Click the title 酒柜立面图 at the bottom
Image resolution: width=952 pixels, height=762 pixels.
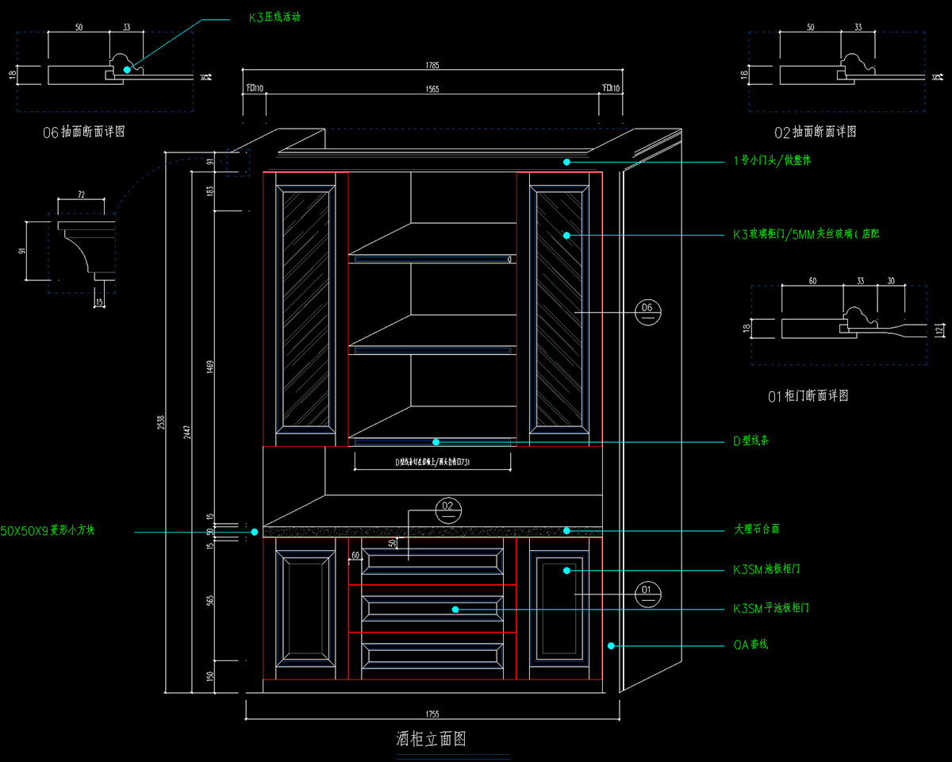431,739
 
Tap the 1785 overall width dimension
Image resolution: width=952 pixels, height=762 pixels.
432,66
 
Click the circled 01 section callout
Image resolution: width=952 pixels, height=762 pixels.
647,593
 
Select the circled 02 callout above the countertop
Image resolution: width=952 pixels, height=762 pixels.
448,510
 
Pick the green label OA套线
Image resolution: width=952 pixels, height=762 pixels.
750,645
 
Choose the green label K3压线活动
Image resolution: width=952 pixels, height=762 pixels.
274,17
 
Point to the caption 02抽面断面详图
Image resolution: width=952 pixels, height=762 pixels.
815,132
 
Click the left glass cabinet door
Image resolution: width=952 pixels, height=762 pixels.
302,310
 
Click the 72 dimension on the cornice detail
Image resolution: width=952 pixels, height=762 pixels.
80,194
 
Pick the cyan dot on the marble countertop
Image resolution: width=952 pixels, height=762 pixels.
567,529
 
